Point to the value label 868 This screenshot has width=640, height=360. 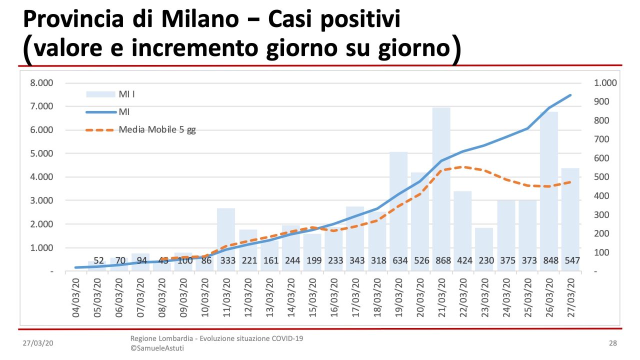[441, 260]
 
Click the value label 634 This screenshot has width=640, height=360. [398, 260]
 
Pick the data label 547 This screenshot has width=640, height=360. [570, 260]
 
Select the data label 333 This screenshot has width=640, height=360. [226, 260]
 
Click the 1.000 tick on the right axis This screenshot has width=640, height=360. [605, 83]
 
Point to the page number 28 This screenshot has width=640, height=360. [613, 343]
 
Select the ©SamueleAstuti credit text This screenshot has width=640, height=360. [157, 348]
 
